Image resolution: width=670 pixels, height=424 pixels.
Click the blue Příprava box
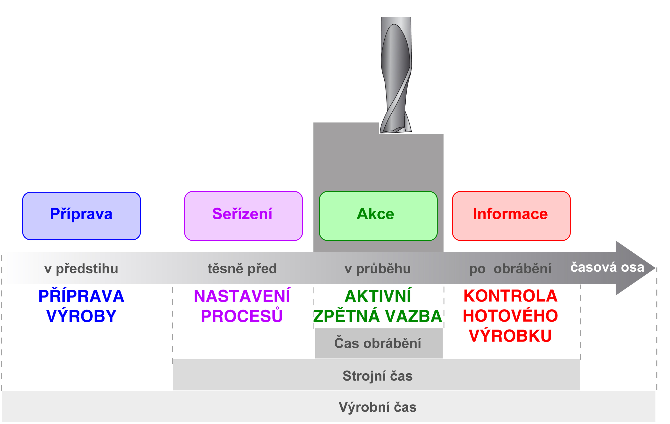(82, 216)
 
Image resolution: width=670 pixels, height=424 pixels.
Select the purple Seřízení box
(243, 216)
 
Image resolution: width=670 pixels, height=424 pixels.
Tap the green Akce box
(378, 216)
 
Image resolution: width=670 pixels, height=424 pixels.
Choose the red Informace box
(511, 216)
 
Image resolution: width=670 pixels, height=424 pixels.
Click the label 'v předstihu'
(81, 269)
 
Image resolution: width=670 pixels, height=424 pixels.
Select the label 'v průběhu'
(378, 269)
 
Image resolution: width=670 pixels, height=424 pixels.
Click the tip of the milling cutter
(395, 131)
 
